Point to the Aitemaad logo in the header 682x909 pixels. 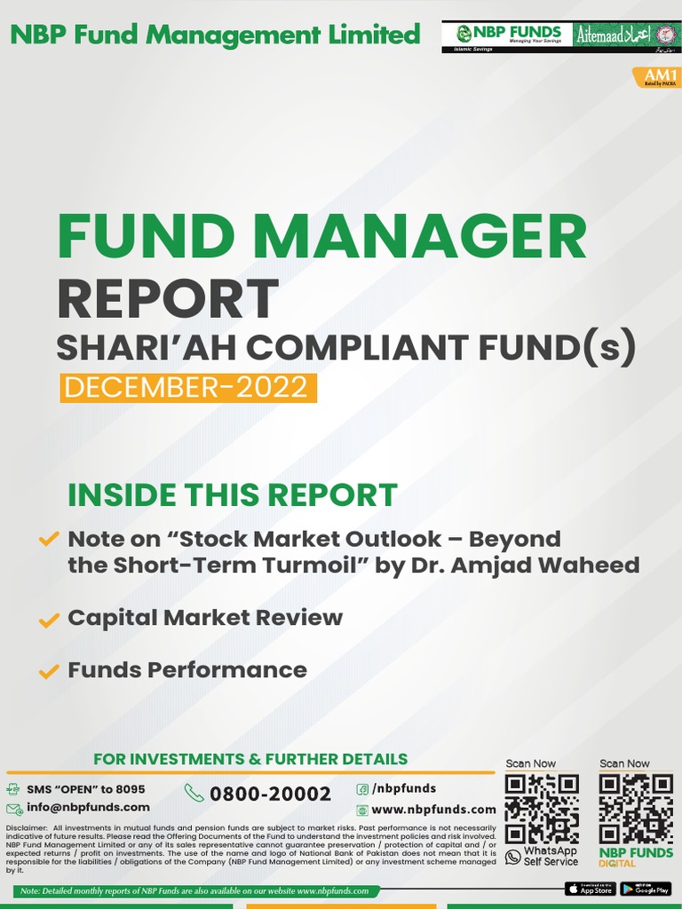(x=627, y=36)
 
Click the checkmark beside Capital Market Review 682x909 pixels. (x=49, y=620)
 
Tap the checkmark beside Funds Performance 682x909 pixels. (x=49, y=673)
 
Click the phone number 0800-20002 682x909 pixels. (x=270, y=794)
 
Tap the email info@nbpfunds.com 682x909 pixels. (x=88, y=807)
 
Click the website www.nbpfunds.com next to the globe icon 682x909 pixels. (x=433, y=810)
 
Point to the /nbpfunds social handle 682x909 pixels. (x=404, y=788)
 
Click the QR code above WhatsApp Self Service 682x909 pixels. (x=542, y=809)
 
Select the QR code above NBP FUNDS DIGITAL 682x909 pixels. (x=635, y=809)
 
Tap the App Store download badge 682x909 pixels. (x=590, y=889)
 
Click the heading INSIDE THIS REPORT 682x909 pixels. (x=232, y=495)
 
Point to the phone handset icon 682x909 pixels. (x=194, y=793)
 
